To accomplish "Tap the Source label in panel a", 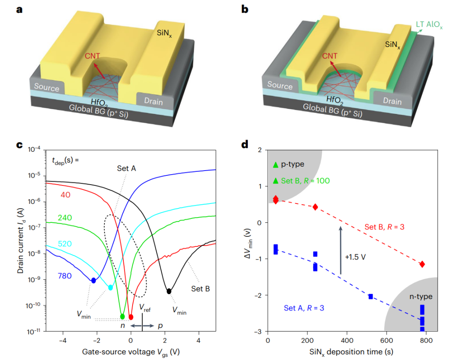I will (x=47, y=87).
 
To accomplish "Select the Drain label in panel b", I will (x=391, y=101).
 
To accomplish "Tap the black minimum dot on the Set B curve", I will (x=169, y=291).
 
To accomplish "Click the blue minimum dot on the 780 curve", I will (x=93, y=280).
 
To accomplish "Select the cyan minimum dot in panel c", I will (x=111, y=288).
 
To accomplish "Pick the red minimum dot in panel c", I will (x=131, y=317).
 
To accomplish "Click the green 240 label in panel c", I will (x=64, y=217).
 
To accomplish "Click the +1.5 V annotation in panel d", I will (x=356, y=257).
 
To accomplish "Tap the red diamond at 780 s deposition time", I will (x=422, y=264).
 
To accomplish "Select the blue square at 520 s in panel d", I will (x=370, y=296).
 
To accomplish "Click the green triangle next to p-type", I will (x=275, y=165).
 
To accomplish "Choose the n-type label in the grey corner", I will (x=420, y=297).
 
